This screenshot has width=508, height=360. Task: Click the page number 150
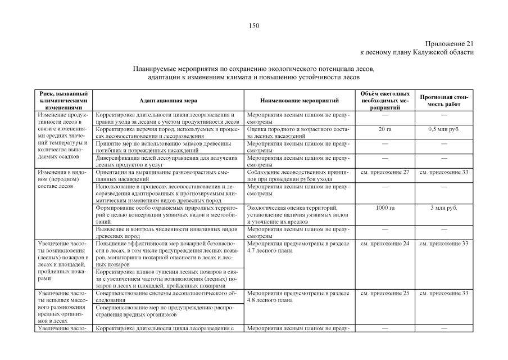254,25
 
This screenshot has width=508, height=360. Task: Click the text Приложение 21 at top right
450,43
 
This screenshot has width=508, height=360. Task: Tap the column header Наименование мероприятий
300,100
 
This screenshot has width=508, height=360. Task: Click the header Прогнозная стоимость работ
444,100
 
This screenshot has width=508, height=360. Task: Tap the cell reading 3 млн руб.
444,208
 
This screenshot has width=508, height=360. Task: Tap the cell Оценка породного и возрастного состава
298,133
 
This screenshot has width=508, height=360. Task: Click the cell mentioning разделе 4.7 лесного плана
298,247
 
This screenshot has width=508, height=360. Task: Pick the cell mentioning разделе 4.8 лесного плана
298,296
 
